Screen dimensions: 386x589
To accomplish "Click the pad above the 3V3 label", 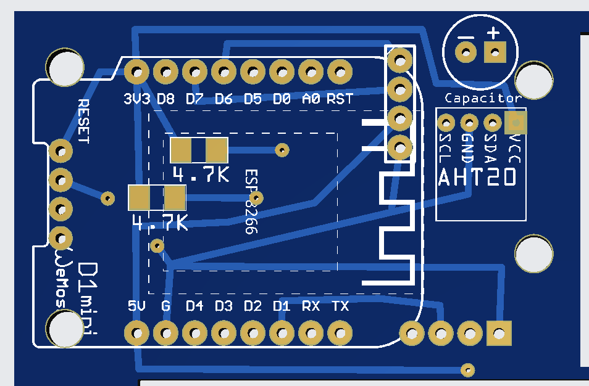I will pos(136,72).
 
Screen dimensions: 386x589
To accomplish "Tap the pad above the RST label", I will pos(340,72).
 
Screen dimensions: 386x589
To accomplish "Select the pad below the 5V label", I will pos(136,334).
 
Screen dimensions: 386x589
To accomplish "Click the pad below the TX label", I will pos(340,334).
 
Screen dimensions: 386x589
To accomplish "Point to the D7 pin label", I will pos(194,99).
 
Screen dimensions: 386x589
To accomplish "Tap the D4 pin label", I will pos(194,306).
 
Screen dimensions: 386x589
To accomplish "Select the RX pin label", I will pos(311,306).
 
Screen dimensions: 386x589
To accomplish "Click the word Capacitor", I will pos(483,98).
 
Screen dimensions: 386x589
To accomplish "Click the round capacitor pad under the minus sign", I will pos(466,52).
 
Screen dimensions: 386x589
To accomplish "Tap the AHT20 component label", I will pos(477,178).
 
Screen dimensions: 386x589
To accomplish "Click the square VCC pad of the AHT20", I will pos(516,123).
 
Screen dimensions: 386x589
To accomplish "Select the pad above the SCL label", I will pos(446,123).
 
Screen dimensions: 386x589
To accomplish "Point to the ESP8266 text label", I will pos(250,202).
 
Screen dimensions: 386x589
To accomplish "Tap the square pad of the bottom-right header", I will pos(499,334).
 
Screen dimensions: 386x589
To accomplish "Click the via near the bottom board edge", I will pos(469,370).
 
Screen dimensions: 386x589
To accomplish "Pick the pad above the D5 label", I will pos(253,72).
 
